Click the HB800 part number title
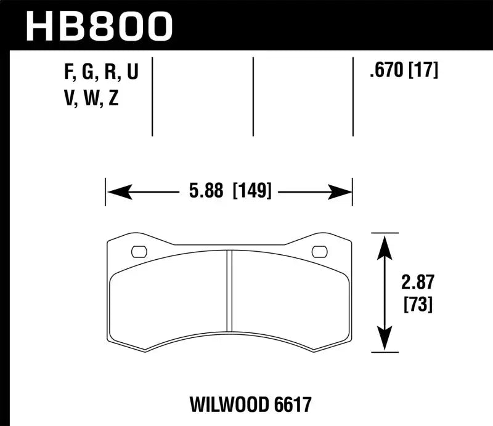[x=97, y=26]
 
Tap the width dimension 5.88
[x=207, y=191]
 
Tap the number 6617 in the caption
[x=290, y=404]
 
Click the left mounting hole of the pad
[x=139, y=251]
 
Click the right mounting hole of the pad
[x=319, y=251]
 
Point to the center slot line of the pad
[x=229, y=289]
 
